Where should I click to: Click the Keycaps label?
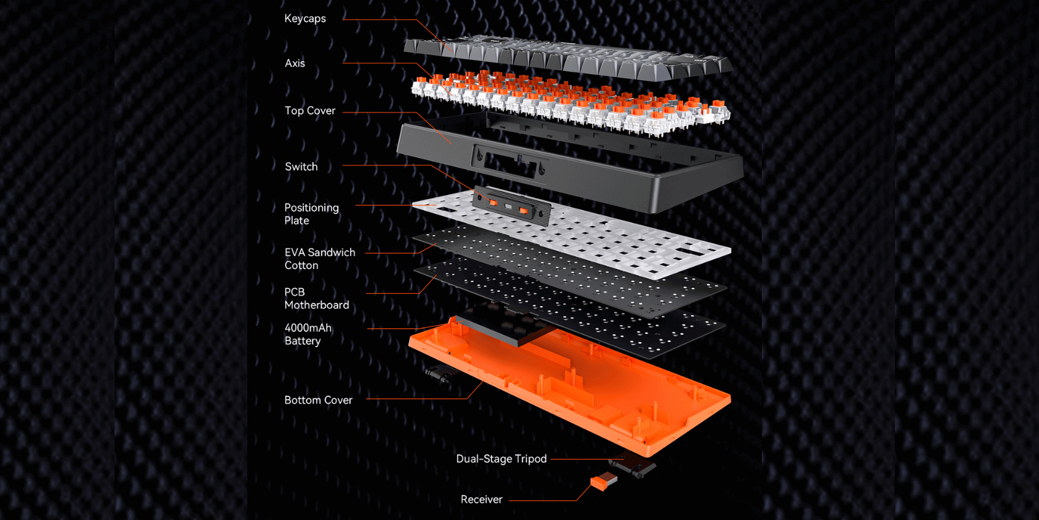[x=305, y=19]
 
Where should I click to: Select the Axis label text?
[x=295, y=64]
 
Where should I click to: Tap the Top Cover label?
[x=310, y=111]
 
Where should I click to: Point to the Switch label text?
[x=301, y=167]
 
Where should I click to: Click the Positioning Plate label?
[x=311, y=214]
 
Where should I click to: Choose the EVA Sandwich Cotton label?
[x=319, y=259]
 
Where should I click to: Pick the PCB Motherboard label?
[x=316, y=298]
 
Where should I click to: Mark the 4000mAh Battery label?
[x=308, y=334]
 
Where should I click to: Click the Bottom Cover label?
[x=318, y=400]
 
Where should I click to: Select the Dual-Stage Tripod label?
[x=501, y=459]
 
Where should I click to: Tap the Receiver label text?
[x=481, y=500]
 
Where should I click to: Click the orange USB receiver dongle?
[x=603, y=482]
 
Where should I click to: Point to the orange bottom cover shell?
[x=584, y=396]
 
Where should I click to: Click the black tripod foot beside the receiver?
[x=636, y=465]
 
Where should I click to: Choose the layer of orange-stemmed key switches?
[x=571, y=101]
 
